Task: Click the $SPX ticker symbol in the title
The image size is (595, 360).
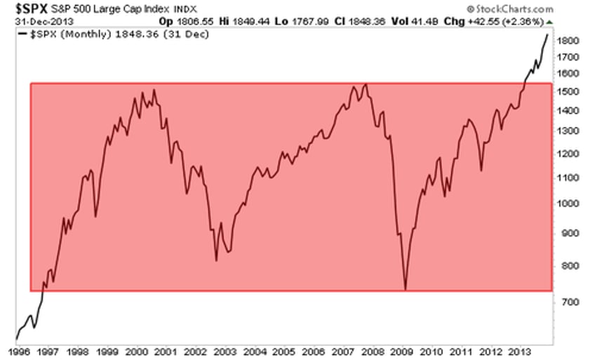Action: pyautogui.click(x=26, y=8)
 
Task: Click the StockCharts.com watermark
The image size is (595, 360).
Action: pyautogui.click(x=514, y=8)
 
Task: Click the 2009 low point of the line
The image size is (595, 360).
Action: pyautogui.click(x=406, y=288)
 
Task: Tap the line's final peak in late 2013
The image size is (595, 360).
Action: pyautogui.click(x=548, y=34)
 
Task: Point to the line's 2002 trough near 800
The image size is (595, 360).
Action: pyautogui.click(x=216, y=261)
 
